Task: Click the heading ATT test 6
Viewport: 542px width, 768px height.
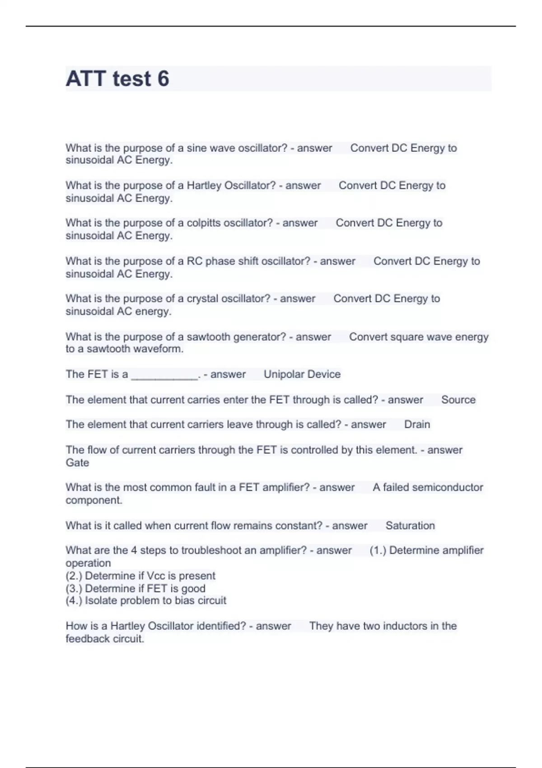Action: click(x=117, y=79)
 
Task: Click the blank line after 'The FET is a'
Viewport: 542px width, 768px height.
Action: click(x=164, y=375)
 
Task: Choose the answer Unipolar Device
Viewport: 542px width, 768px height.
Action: click(x=302, y=375)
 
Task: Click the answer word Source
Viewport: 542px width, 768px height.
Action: click(x=458, y=400)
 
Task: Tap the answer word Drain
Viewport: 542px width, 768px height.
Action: click(x=417, y=425)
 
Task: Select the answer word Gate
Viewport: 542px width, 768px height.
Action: click(x=77, y=463)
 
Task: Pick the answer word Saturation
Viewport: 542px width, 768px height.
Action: click(x=410, y=526)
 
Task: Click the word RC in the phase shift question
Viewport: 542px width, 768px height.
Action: click(x=195, y=261)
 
